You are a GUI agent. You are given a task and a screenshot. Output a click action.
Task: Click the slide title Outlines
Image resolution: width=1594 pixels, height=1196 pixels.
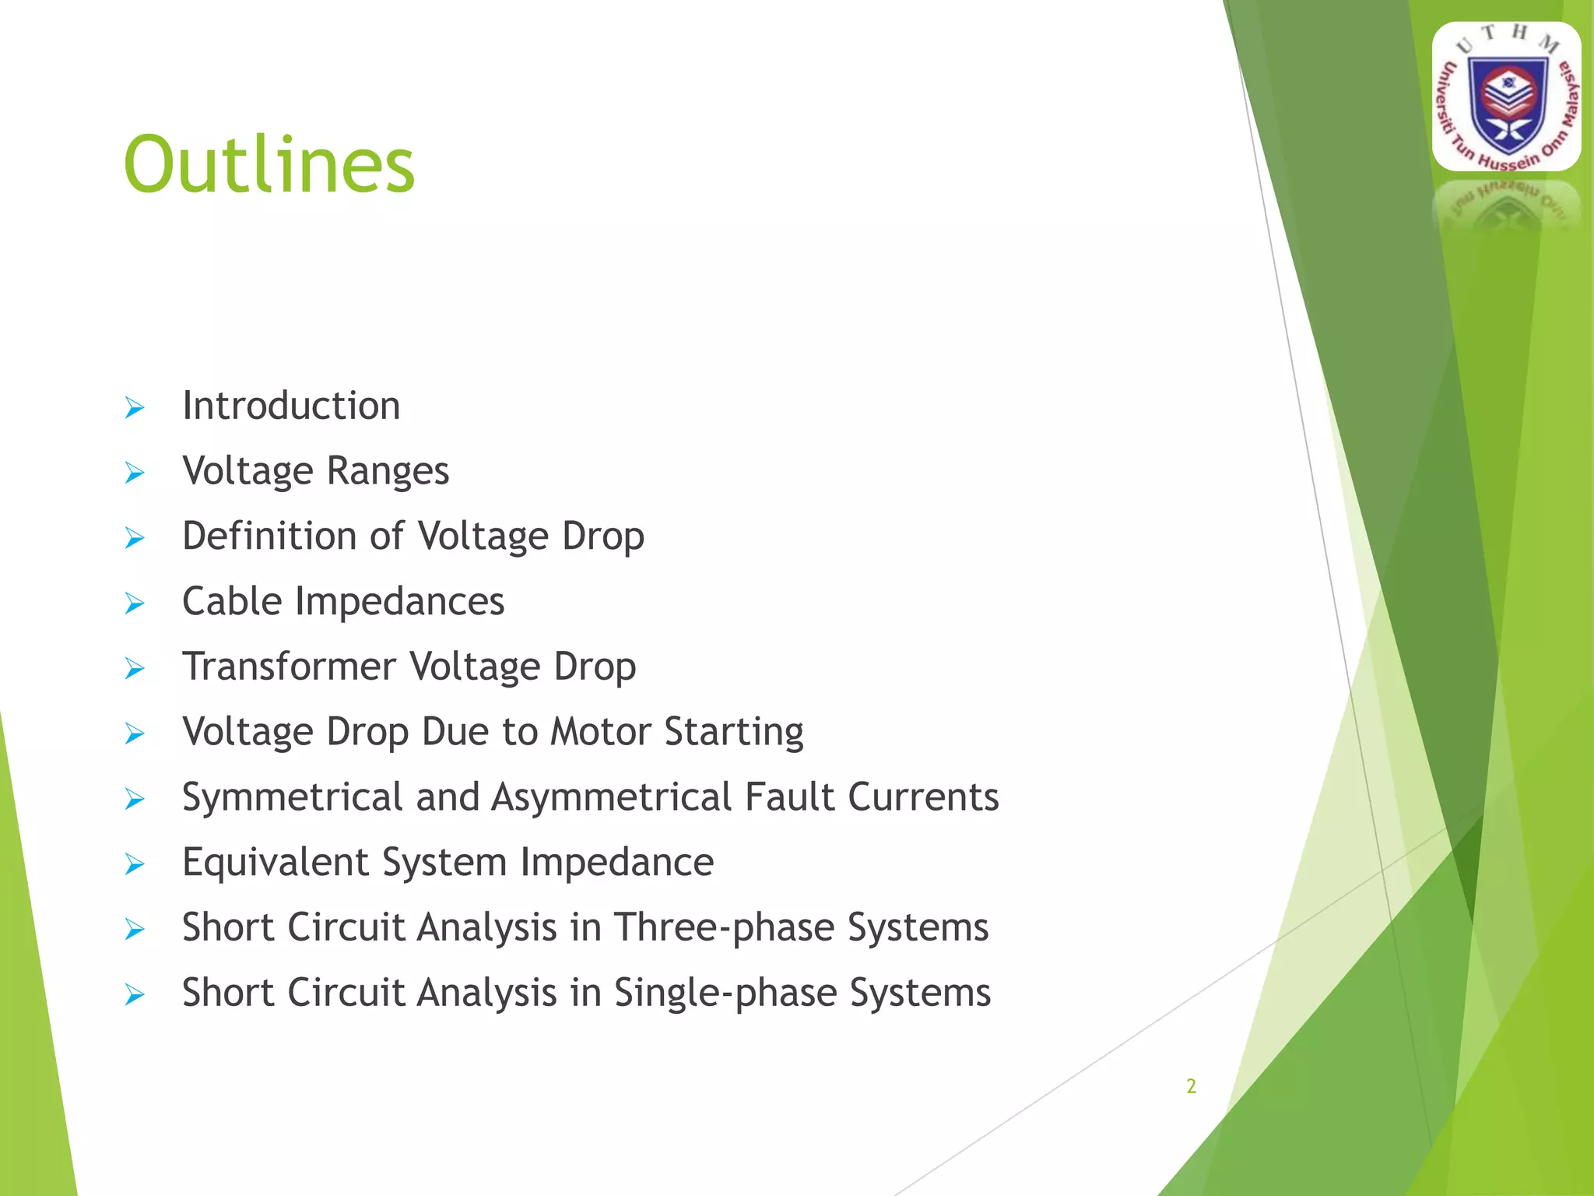click(269, 164)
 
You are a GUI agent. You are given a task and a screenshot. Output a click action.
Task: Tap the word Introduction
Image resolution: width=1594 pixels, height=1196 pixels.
click(291, 406)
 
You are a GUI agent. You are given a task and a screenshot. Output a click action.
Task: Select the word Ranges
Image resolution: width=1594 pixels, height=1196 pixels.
click(388, 471)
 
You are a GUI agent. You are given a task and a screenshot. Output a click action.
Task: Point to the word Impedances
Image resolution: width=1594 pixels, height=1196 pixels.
click(399, 601)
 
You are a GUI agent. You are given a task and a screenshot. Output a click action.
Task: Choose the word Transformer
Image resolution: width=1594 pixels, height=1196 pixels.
click(289, 667)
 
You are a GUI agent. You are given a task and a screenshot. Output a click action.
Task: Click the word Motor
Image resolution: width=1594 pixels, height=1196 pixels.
click(600, 732)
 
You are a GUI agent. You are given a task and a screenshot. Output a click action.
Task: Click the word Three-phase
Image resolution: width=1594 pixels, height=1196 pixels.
click(723, 928)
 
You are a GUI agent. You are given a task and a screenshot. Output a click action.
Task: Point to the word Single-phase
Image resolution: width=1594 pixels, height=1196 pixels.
click(724, 994)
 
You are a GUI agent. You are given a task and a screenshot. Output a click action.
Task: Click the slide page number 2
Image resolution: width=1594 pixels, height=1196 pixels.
click(1191, 1086)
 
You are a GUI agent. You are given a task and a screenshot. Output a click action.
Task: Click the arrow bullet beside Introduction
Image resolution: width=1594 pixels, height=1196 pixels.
click(135, 407)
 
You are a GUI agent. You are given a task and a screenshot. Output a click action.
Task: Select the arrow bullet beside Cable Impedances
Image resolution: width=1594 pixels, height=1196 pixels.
click(135, 603)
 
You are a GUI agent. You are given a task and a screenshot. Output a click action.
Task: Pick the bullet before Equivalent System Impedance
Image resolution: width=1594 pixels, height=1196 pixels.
click(135, 864)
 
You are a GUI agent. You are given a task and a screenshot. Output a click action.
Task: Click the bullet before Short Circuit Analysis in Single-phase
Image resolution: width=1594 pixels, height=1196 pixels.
click(135, 995)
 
